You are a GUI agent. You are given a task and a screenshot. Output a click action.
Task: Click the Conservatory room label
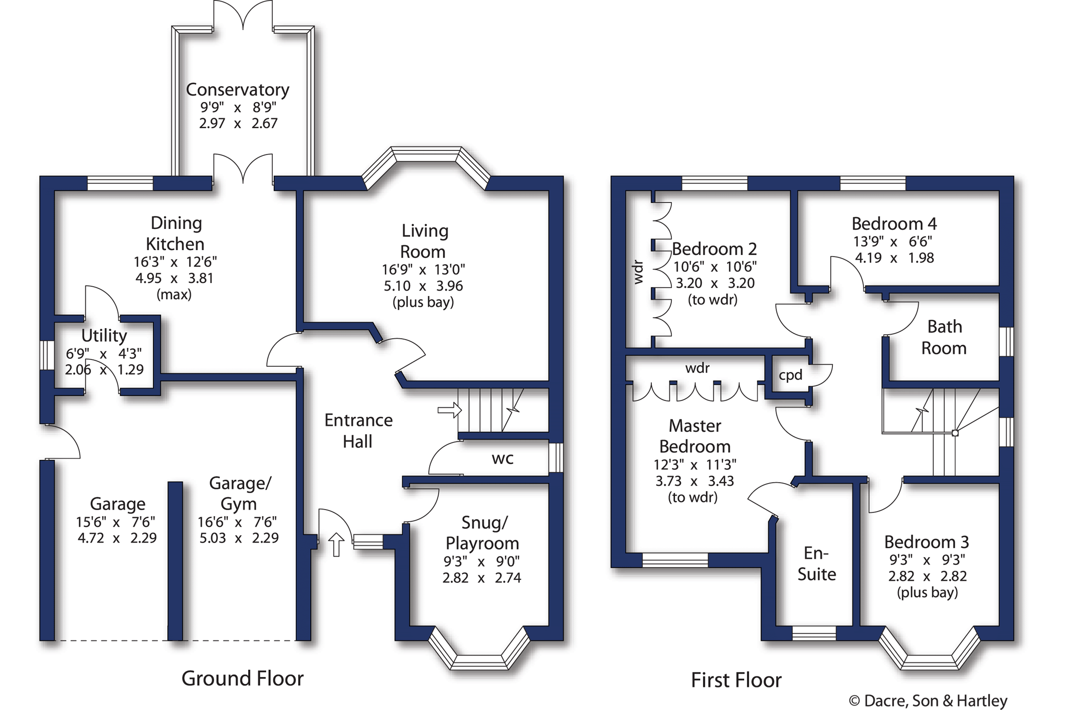coord(237,90)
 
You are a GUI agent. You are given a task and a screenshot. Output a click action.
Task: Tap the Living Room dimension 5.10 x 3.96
coord(423,286)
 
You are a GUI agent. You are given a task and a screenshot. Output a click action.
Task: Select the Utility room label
coord(104,335)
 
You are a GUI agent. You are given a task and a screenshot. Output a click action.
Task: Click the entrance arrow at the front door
coord(336,544)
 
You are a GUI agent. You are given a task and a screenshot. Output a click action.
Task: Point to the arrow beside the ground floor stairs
coord(449,410)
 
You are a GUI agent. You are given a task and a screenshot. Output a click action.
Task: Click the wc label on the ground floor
coord(502,458)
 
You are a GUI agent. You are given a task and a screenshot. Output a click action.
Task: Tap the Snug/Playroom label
coord(482,533)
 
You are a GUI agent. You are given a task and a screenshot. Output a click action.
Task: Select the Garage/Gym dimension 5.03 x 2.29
coord(239,538)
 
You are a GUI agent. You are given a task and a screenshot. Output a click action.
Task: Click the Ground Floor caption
coord(242,678)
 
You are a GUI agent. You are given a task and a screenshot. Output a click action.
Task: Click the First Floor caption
coord(736,680)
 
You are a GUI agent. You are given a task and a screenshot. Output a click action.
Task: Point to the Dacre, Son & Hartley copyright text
coord(928,700)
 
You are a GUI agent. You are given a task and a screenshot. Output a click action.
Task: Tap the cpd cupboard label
coord(791,375)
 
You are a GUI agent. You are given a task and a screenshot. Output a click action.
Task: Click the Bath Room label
coord(944,337)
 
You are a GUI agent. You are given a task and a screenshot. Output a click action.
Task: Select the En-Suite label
coord(817,564)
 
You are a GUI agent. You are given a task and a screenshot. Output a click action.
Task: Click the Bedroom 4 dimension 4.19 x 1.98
coord(895,258)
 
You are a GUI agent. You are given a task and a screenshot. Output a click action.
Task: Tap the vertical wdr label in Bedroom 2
coord(638,272)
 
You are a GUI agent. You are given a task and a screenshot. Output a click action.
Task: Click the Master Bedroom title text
coord(695,436)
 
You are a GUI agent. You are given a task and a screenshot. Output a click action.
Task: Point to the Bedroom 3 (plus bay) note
coord(927,592)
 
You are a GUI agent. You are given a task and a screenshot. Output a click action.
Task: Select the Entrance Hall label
coord(358,430)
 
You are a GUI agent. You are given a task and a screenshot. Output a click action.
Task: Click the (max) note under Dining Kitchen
coord(174,294)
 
